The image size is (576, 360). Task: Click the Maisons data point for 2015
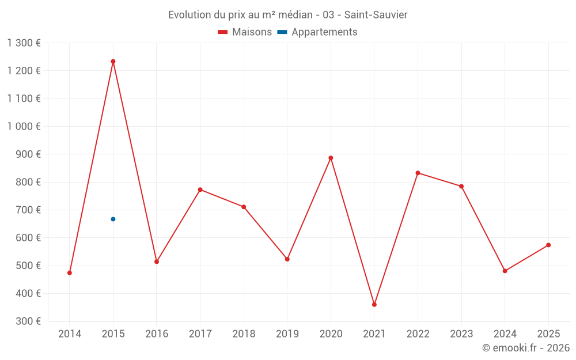tap(113, 61)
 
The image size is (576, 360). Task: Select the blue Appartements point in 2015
tap(113, 219)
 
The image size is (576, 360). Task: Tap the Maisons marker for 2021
tap(374, 304)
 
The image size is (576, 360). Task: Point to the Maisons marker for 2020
tap(331, 158)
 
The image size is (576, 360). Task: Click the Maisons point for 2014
tap(70, 272)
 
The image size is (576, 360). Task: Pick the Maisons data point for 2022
tap(418, 173)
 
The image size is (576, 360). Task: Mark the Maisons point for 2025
tap(548, 245)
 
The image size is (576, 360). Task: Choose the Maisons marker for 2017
tap(200, 190)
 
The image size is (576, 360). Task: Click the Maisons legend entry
tap(245, 32)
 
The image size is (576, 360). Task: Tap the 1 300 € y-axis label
tap(24, 43)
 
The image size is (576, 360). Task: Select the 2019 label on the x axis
tap(287, 334)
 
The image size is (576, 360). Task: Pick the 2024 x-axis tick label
tap(505, 334)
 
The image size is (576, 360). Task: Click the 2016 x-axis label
tap(157, 334)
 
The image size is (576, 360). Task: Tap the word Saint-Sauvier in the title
tap(376, 14)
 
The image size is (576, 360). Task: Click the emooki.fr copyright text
tap(525, 348)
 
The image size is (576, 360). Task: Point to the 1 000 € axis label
tap(24, 126)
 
